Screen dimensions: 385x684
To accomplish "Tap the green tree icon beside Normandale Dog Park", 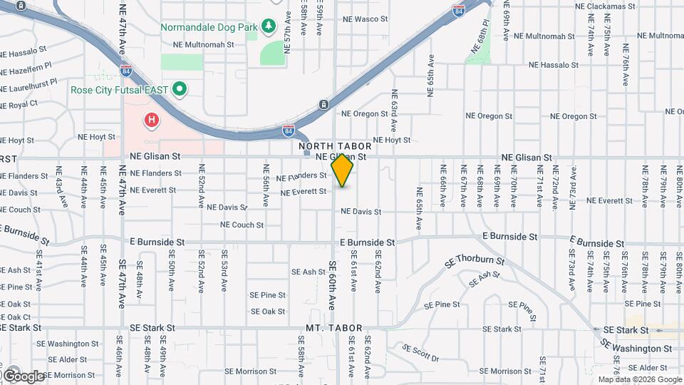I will (x=269, y=27).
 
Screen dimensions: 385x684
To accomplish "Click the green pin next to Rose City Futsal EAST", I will (x=180, y=89).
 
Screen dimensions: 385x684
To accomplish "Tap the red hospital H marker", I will (x=151, y=120).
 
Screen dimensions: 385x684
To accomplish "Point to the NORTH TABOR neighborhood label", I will (x=335, y=146).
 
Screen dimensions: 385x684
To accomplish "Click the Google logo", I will (x=24, y=376).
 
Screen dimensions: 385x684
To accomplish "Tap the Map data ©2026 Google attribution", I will (x=640, y=379).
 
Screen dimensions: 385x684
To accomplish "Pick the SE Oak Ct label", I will (x=16, y=317).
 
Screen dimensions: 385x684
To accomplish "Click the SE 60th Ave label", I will (x=333, y=284).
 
